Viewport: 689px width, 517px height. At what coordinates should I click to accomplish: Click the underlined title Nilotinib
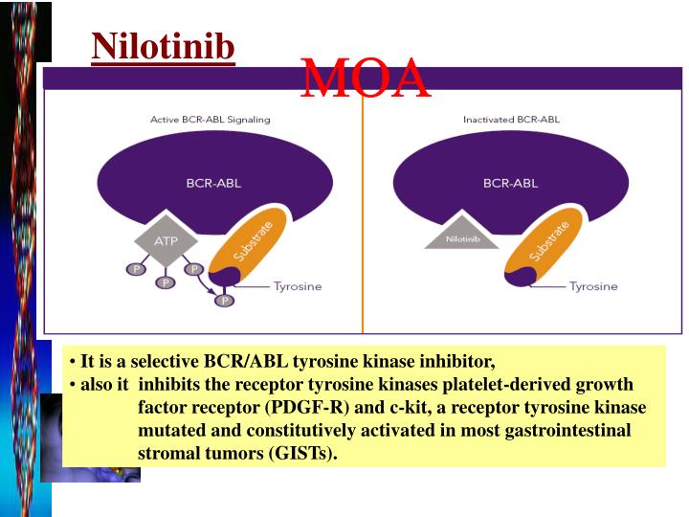pos(163,45)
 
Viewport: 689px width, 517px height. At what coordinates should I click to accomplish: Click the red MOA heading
pos(366,79)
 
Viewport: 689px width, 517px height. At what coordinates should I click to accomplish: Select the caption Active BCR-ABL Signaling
pos(211,120)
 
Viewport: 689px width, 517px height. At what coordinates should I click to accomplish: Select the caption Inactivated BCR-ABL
pos(511,120)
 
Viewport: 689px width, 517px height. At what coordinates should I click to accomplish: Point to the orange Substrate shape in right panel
pos(546,243)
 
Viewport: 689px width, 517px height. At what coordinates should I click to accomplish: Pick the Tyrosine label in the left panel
pos(298,286)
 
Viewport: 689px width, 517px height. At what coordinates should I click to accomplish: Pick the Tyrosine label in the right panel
pos(593,286)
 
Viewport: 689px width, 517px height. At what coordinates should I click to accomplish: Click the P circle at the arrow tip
pos(225,301)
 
